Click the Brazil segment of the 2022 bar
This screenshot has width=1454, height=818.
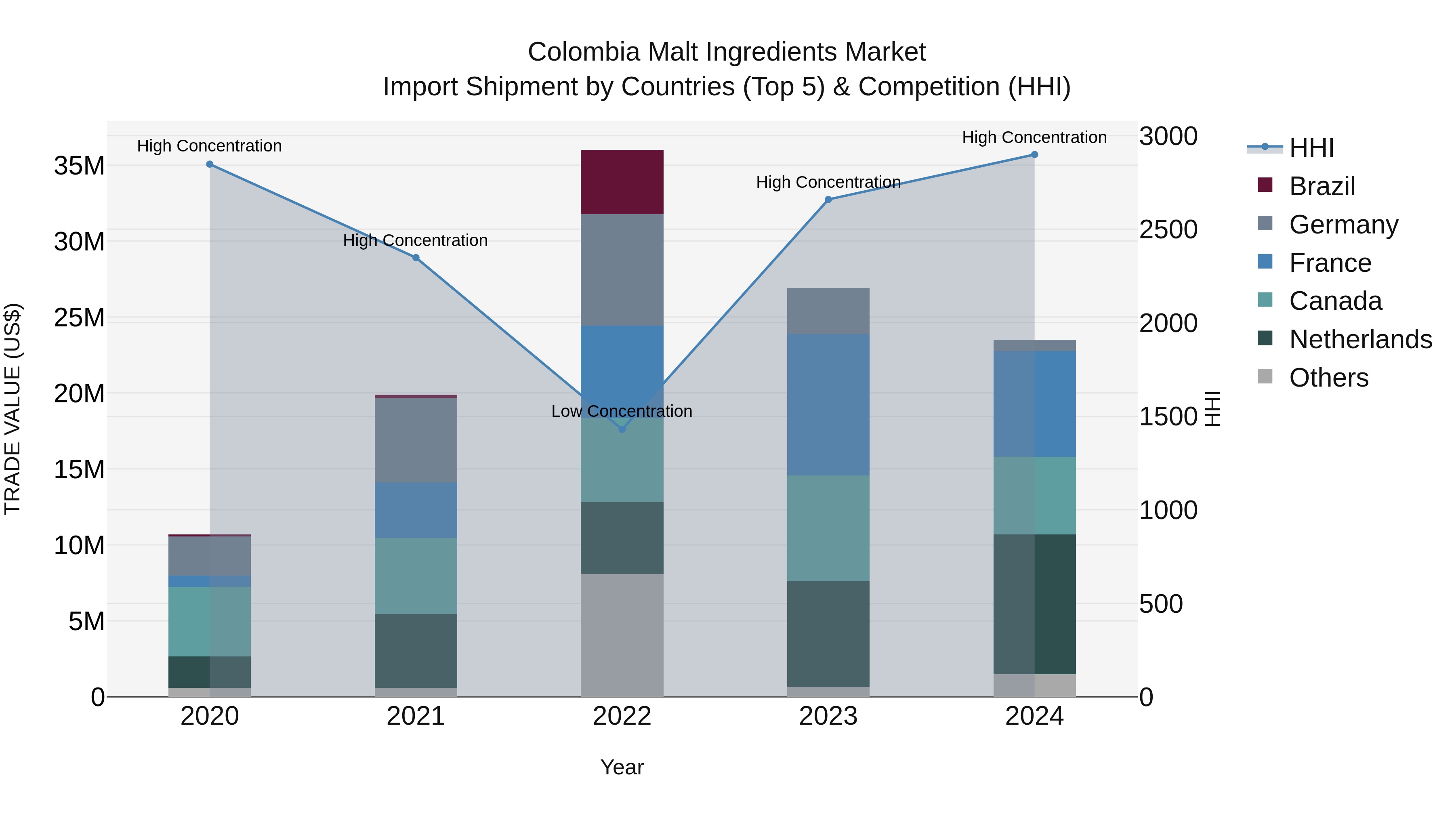[622, 182]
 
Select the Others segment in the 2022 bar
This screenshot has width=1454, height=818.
[622, 635]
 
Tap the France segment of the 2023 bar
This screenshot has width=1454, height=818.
[828, 404]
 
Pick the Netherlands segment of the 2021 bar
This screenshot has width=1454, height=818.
[416, 650]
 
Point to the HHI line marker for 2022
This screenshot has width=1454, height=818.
[622, 429]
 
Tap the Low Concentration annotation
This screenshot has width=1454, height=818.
[622, 411]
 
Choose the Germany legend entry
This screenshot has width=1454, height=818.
[1343, 224]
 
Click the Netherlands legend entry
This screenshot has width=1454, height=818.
[1360, 339]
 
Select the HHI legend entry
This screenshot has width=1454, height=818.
[1311, 148]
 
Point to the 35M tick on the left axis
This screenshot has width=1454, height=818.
[79, 166]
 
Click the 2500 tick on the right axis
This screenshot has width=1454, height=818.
[1168, 230]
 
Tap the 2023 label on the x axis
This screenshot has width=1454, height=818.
[828, 716]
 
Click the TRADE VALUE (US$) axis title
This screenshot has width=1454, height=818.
[13, 409]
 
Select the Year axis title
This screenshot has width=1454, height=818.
[622, 767]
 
